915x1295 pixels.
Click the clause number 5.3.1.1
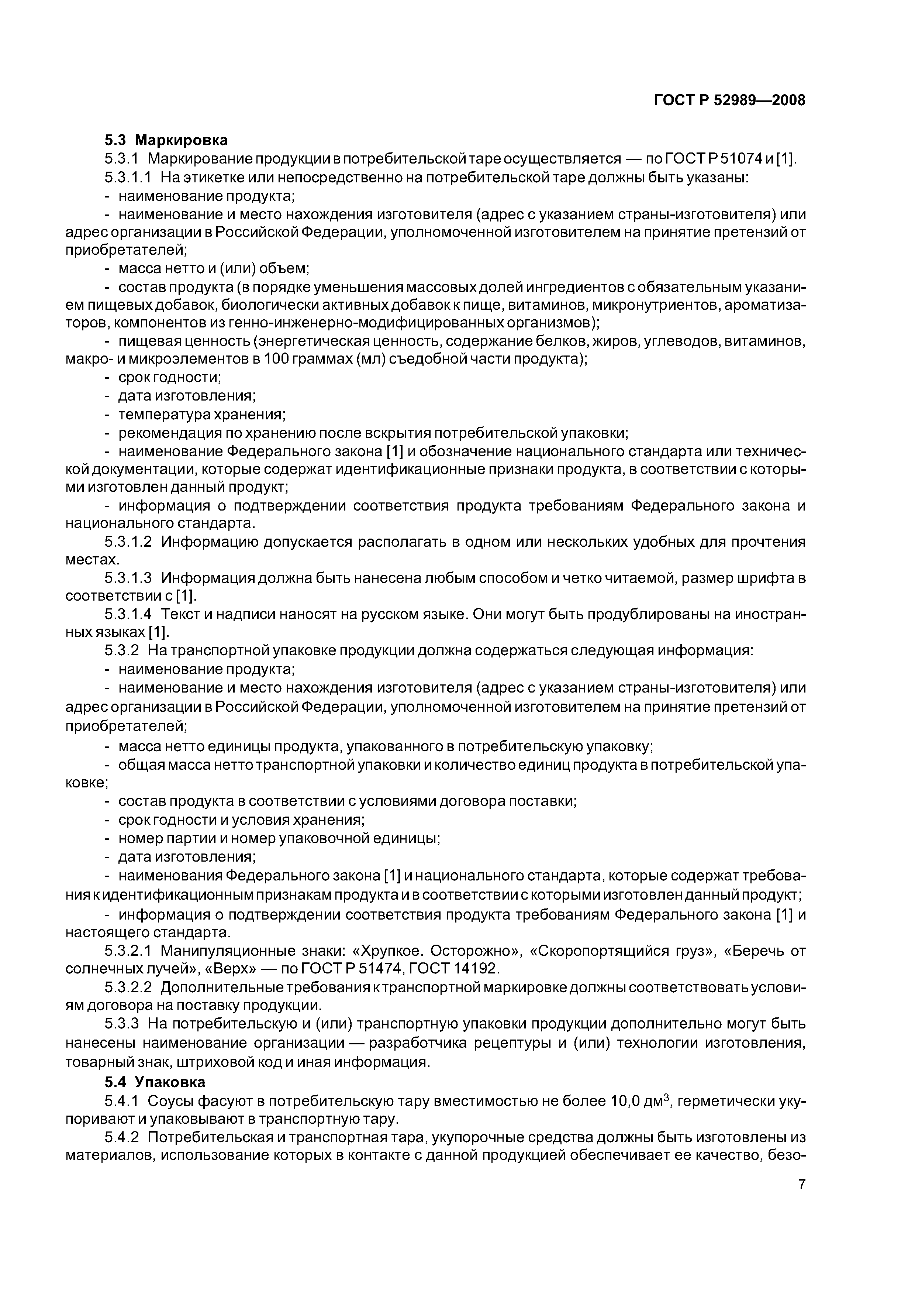tap(128, 177)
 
